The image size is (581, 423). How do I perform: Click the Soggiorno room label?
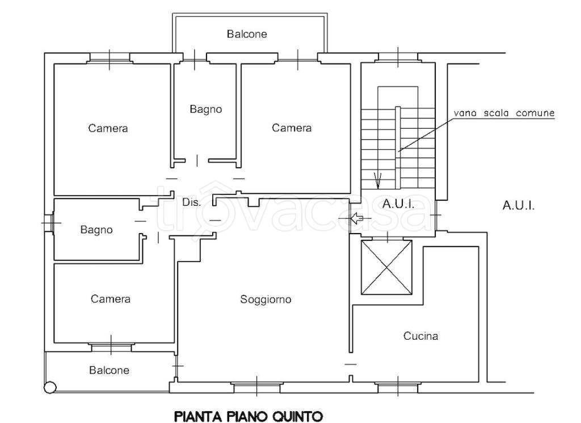(x=266, y=299)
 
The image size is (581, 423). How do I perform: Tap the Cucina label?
(x=420, y=336)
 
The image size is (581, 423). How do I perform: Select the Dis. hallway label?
(x=192, y=202)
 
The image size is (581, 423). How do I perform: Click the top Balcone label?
(x=247, y=34)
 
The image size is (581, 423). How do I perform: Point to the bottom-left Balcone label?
(x=110, y=370)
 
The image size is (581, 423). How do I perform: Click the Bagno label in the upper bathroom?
(x=205, y=109)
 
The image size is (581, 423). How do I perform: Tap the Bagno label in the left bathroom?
(x=96, y=230)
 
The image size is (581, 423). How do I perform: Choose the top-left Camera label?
(x=108, y=128)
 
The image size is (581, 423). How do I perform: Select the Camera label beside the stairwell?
(x=292, y=128)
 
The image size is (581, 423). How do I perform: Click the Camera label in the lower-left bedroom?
(x=111, y=299)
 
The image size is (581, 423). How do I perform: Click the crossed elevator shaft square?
(x=386, y=268)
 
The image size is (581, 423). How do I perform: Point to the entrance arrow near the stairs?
(x=356, y=218)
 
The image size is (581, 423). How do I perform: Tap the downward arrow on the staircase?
(x=378, y=180)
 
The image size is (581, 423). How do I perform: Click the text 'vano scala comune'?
(x=504, y=113)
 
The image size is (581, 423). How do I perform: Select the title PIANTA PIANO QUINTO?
(x=249, y=416)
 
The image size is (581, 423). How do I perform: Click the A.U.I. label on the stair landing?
(x=398, y=204)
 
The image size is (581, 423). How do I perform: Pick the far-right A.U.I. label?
(x=519, y=205)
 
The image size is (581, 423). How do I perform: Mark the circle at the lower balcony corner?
(x=50, y=387)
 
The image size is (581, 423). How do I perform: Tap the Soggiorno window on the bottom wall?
(x=257, y=388)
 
